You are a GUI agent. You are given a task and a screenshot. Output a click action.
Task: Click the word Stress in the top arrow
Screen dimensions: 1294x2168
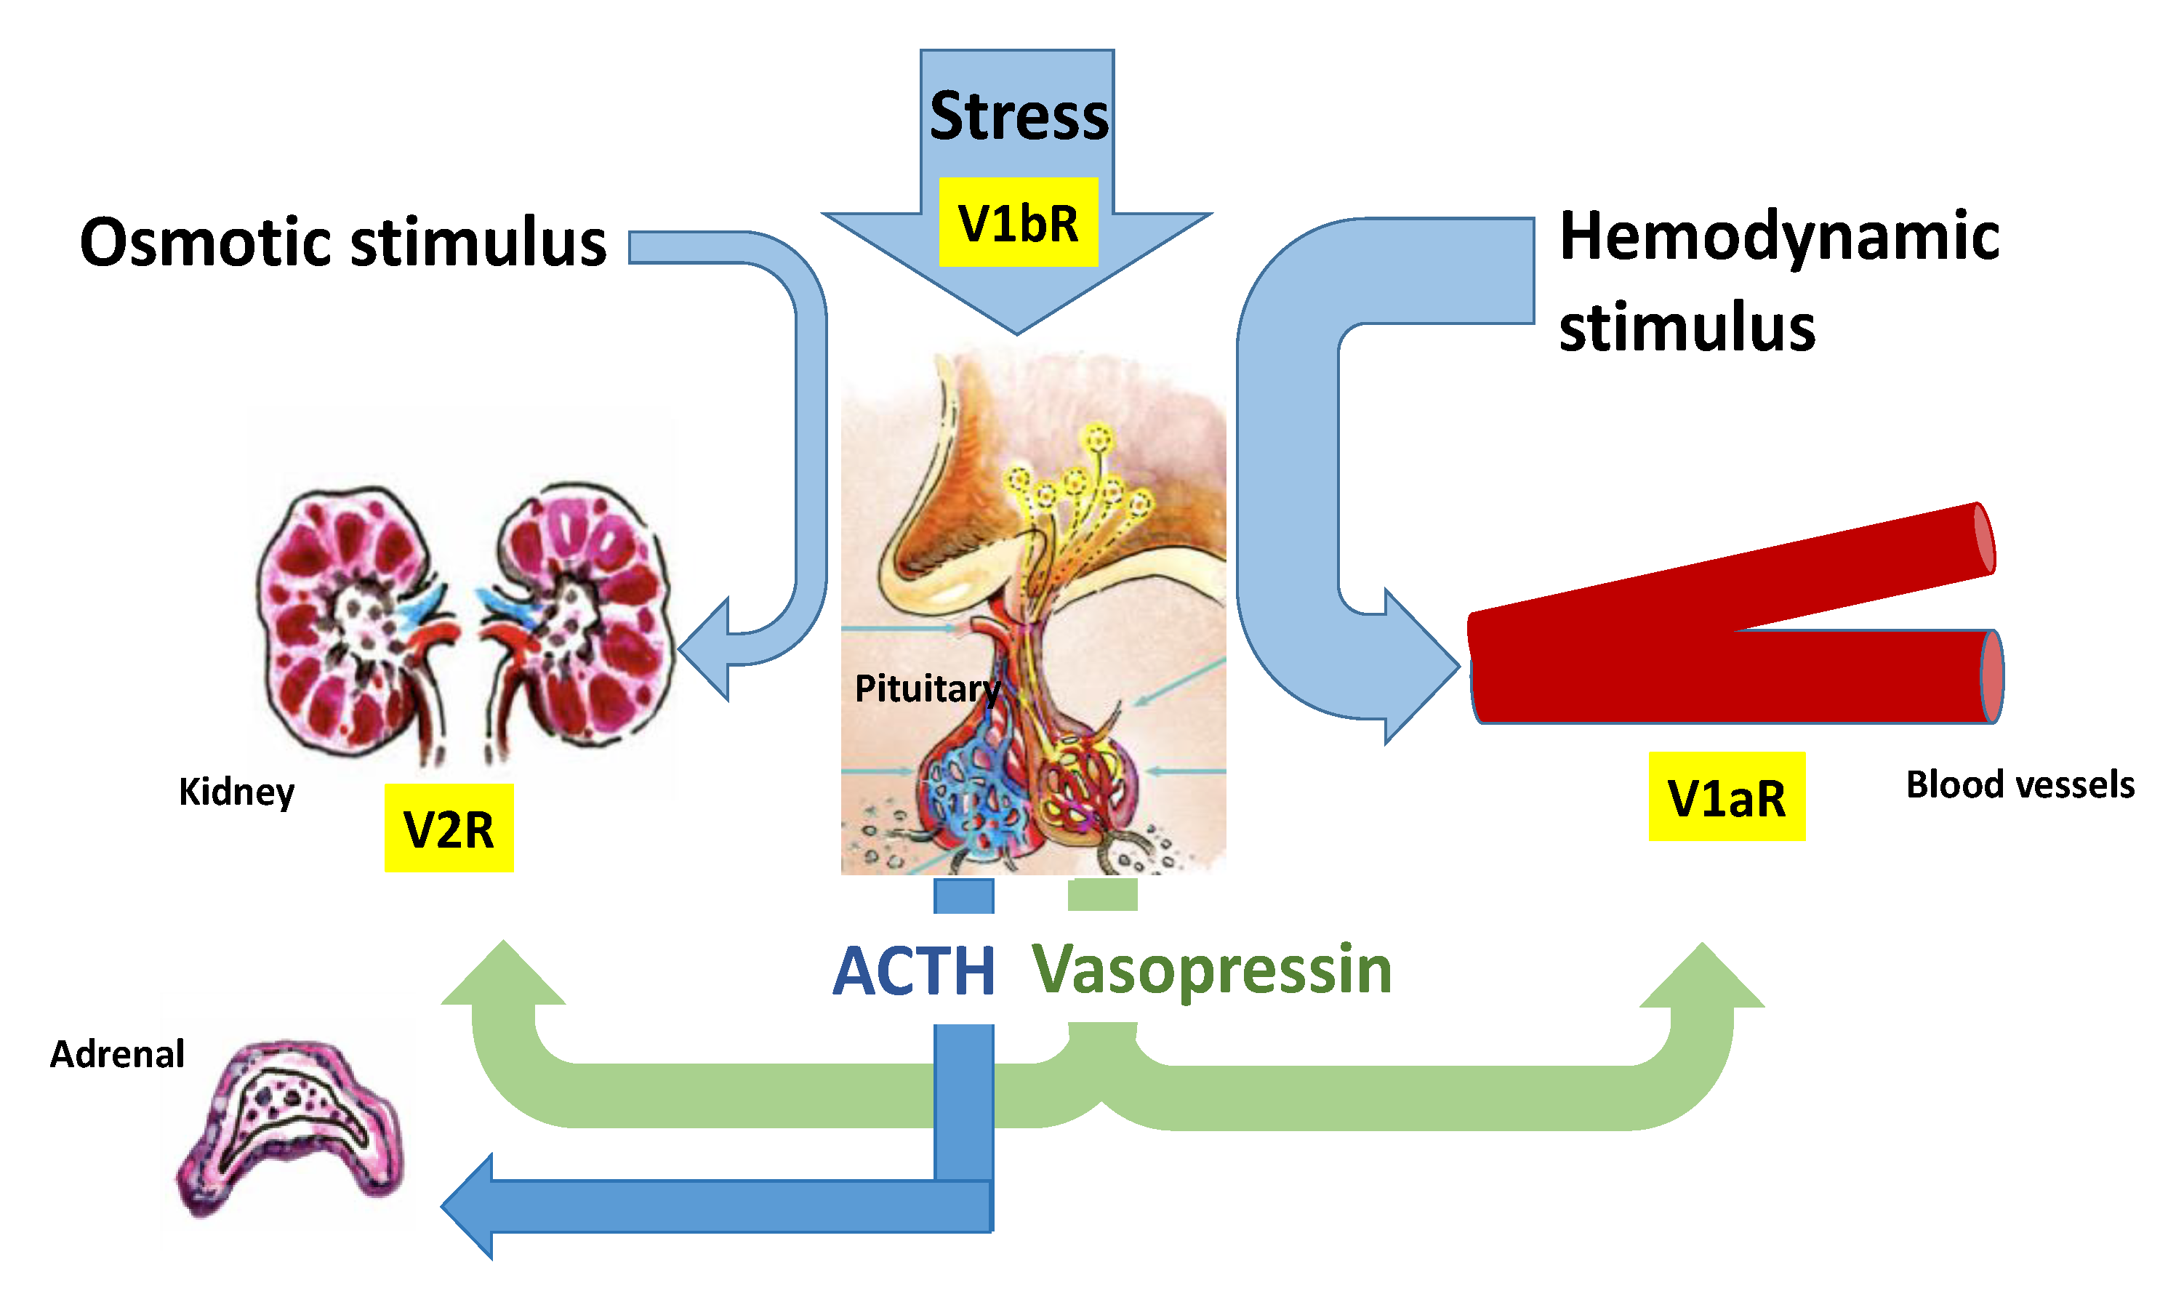[x=1018, y=116]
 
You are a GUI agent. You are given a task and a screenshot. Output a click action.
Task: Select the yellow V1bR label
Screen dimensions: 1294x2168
[x=1018, y=223]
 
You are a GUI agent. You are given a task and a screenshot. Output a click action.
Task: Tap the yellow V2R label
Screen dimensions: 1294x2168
[x=449, y=828]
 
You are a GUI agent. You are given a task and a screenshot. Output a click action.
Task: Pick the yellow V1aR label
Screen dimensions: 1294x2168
[x=1726, y=797]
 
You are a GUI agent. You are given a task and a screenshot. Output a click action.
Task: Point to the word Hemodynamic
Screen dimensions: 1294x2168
[x=1778, y=237]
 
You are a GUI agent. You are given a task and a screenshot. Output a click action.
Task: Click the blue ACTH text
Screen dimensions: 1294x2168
[x=913, y=971]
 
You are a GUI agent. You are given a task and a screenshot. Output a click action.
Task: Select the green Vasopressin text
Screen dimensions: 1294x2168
[x=1211, y=970]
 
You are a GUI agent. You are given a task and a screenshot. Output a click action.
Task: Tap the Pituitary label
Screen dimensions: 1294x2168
[x=926, y=689]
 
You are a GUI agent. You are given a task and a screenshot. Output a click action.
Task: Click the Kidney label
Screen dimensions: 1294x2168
[x=236, y=792]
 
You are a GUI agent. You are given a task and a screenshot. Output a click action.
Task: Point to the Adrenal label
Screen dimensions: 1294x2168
[x=117, y=1053]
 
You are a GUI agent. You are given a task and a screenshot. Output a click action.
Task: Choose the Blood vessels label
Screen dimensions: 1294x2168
[x=2019, y=785]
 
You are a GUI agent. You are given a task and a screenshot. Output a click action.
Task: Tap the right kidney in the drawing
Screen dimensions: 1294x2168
[x=580, y=615]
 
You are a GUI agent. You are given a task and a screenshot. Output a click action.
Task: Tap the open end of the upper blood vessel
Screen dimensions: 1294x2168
[x=1984, y=539]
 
